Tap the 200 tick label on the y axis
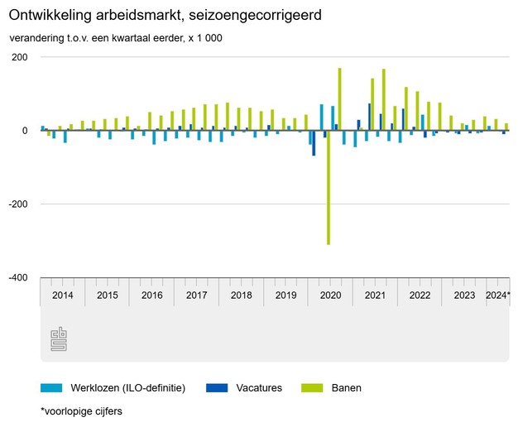tap(18, 57)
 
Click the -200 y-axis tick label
tap(17, 204)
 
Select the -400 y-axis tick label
tap(17, 278)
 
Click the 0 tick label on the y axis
tap(25, 131)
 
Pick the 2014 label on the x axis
tap(63, 295)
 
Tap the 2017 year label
tap(197, 295)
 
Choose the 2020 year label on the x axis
tap(331, 295)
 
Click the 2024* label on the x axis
tap(497, 295)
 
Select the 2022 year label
tap(420, 295)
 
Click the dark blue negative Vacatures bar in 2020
tap(314, 143)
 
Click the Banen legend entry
tap(347, 387)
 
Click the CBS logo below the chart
tap(59, 338)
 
